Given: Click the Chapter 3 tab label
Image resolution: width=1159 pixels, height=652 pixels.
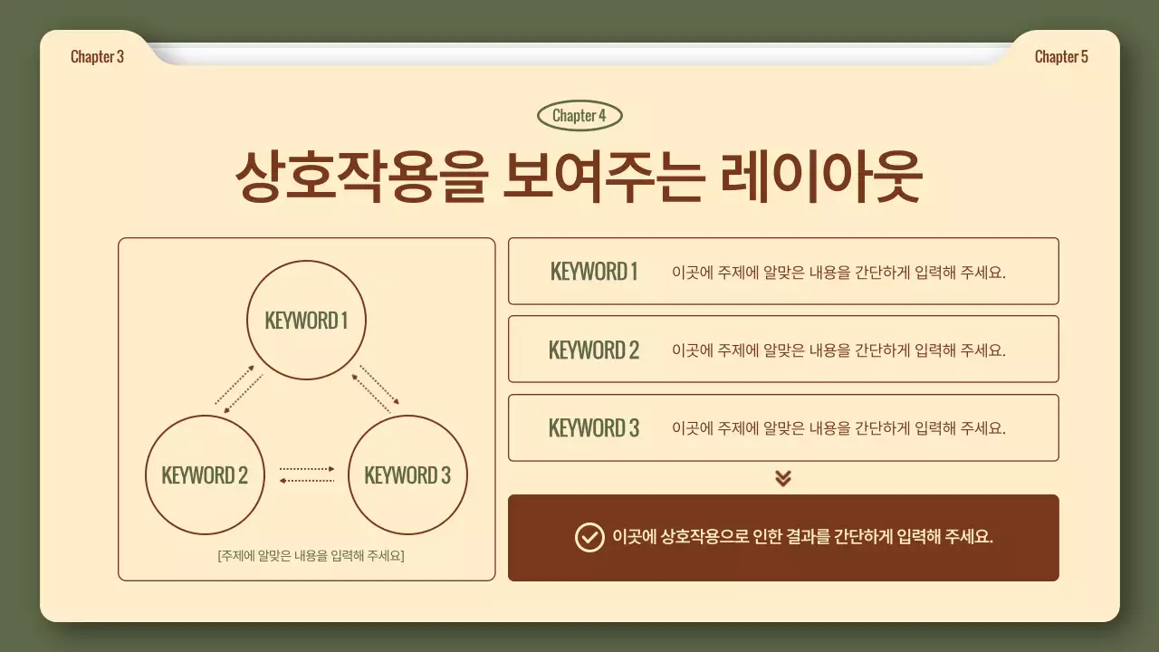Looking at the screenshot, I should click(97, 57).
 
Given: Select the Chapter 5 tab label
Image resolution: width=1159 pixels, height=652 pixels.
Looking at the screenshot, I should click(1061, 57).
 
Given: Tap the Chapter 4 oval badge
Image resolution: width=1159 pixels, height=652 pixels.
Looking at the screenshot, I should click(579, 116).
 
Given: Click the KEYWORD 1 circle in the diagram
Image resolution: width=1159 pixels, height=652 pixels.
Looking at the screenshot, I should click(306, 321).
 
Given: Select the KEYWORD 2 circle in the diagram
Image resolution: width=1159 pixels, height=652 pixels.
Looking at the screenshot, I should click(205, 475).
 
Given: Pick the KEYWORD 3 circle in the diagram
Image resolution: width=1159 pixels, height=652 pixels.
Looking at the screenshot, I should click(407, 475).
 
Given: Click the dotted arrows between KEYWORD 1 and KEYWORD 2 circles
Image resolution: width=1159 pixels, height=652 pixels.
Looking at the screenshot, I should click(239, 390).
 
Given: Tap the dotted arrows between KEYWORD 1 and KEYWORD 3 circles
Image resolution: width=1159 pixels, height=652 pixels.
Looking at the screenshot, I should click(375, 388).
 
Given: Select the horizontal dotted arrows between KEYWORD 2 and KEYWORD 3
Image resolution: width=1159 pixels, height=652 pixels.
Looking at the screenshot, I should click(307, 475).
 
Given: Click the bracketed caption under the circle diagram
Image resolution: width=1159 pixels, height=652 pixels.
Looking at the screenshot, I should click(311, 555).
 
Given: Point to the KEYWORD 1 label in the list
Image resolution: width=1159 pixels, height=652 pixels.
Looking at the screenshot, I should click(594, 272).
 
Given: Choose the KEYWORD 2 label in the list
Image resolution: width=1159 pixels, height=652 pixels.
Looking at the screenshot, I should click(594, 350).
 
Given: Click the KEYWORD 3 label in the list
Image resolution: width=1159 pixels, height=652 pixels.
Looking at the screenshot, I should click(594, 428).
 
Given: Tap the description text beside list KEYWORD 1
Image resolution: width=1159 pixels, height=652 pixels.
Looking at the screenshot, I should click(838, 272).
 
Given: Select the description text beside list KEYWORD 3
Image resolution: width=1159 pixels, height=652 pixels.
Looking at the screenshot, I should click(838, 428).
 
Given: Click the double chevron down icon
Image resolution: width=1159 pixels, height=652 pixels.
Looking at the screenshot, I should click(783, 478).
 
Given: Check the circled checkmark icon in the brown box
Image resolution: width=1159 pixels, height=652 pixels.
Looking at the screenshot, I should click(589, 537).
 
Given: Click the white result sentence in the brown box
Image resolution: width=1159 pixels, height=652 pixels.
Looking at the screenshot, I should click(802, 537).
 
